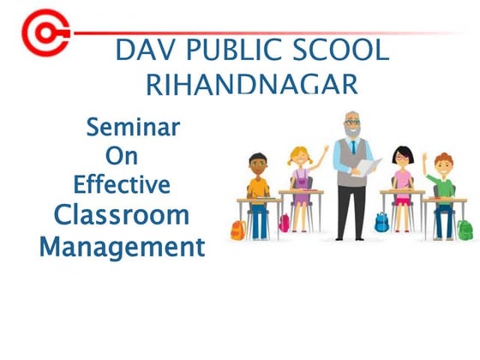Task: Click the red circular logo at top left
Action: (39, 33)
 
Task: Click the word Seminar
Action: (133, 128)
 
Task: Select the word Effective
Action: (122, 184)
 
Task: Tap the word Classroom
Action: (121, 214)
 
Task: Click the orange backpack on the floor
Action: (238, 230)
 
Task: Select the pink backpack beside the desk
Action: (285, 223)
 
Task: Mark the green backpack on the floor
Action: (464, 230)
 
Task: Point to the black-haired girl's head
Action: (402, 156)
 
